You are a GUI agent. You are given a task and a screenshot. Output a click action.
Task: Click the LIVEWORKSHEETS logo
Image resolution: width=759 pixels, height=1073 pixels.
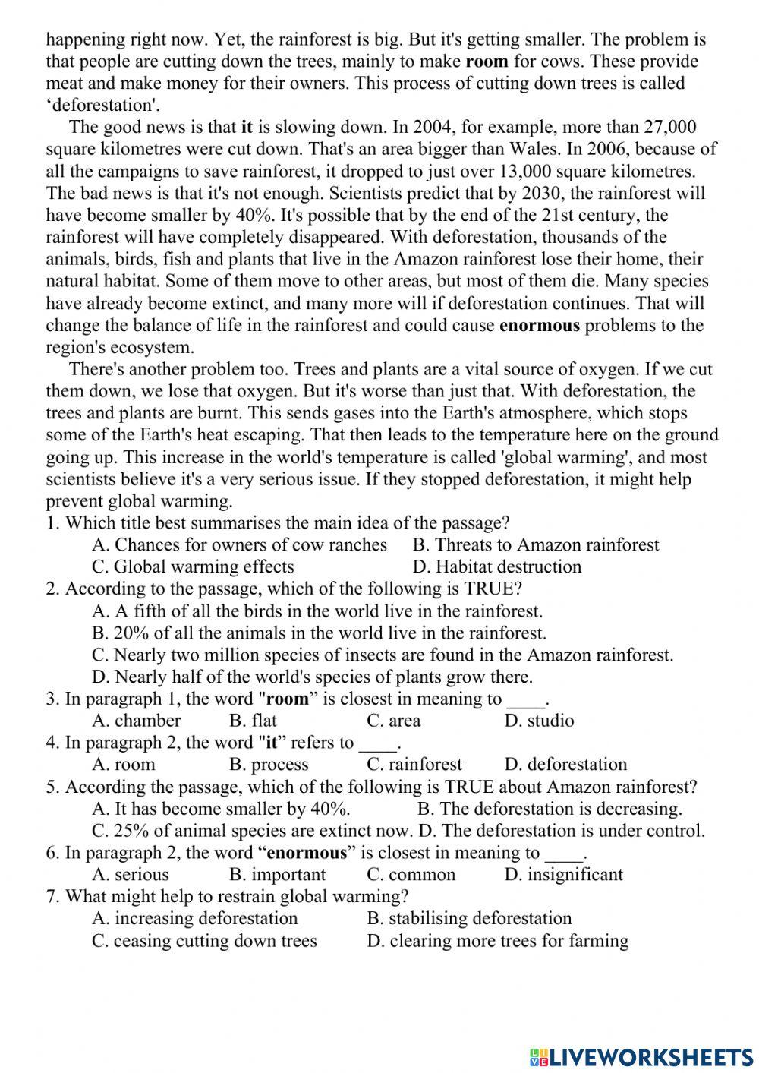(641, 1057)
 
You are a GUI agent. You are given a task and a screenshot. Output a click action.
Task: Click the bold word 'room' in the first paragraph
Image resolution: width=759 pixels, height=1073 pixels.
(487, 62)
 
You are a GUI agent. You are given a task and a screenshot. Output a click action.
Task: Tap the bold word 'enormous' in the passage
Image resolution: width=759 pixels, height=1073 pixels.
(540, 326)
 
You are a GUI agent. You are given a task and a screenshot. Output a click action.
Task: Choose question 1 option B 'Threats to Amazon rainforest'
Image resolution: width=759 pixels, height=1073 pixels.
(536, 545)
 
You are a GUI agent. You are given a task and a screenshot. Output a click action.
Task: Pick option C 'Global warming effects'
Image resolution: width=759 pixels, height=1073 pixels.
(193, 567)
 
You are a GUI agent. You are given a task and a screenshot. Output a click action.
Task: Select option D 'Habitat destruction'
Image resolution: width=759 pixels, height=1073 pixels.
(497, 567)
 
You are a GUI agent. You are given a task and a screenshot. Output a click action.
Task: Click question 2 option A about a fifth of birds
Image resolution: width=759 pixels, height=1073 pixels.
(317, 611)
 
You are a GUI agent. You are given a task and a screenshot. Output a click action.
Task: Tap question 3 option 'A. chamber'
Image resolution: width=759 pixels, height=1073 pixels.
(137, 721)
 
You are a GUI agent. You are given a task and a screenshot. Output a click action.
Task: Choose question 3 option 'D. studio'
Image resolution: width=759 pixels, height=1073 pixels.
(539, 721)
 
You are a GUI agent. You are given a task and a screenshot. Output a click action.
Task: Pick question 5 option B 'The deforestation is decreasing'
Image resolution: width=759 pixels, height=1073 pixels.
(550, 809)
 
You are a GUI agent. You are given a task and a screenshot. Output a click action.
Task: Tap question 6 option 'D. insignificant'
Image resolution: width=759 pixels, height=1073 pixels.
(563, 875)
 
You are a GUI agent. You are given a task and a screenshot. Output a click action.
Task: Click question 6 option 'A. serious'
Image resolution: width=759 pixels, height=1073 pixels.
(131, 875)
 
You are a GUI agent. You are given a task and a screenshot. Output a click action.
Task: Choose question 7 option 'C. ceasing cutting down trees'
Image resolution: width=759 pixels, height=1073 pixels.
(204, 941)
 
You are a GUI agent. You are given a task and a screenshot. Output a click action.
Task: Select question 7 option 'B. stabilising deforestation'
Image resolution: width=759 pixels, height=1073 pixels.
(469, 919)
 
